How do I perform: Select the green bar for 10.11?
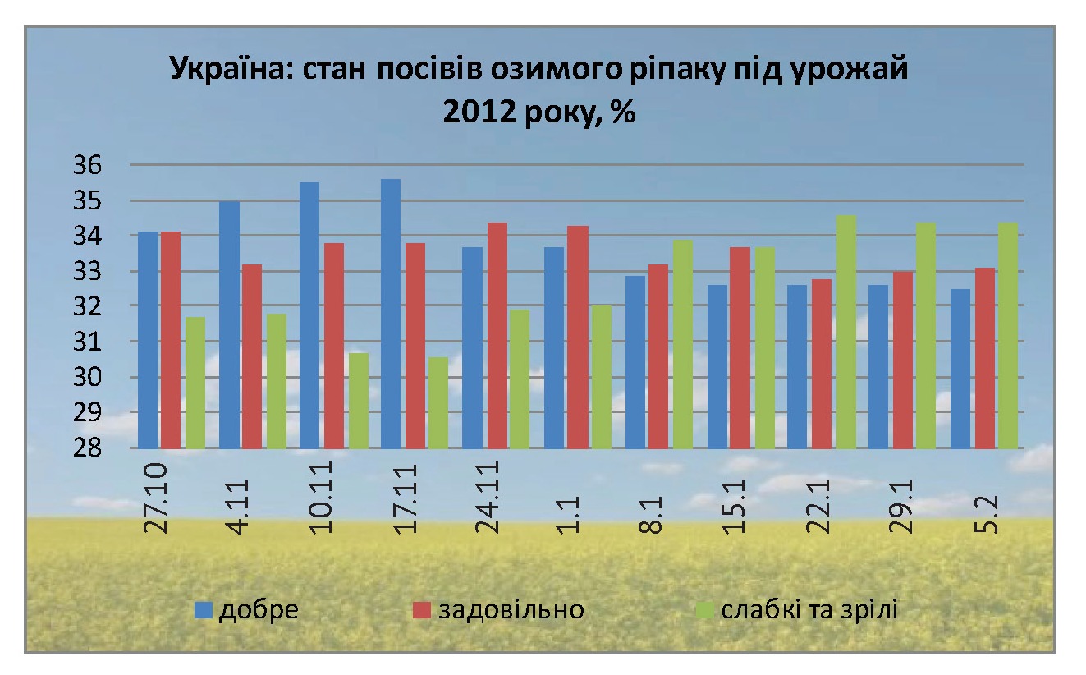[358, 401]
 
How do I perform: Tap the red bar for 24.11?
[497, 336]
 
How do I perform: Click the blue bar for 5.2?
[960, 369]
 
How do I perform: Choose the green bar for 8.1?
[683, 344]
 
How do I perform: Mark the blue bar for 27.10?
[148, 340]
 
